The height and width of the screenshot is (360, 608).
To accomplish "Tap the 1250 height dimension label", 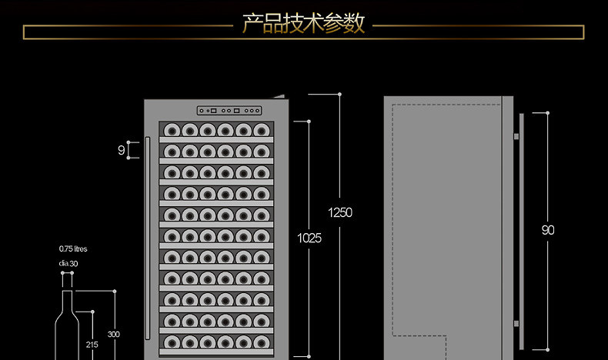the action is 339,212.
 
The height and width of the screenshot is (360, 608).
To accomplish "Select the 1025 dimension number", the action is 309,238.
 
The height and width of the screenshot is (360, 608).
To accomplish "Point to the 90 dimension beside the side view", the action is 547,230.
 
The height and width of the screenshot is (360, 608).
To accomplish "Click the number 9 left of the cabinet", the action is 121,151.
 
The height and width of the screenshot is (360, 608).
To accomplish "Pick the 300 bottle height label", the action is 113,334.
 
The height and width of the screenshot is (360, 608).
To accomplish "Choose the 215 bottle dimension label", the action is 92,345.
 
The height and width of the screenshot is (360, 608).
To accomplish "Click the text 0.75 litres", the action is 73,248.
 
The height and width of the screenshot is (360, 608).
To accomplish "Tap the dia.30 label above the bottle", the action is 68,264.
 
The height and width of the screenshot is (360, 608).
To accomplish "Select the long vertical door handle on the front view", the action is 147,238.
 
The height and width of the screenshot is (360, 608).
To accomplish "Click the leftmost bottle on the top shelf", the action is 171,130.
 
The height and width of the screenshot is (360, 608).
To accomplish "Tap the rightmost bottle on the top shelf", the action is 262,130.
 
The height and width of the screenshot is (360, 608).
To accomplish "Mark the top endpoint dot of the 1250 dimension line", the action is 339,95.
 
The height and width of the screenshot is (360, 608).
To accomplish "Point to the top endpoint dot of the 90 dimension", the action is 547,113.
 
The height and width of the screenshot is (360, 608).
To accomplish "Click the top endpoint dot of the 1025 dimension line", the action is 309,121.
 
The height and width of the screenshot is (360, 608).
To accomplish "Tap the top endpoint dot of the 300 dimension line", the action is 113,291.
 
